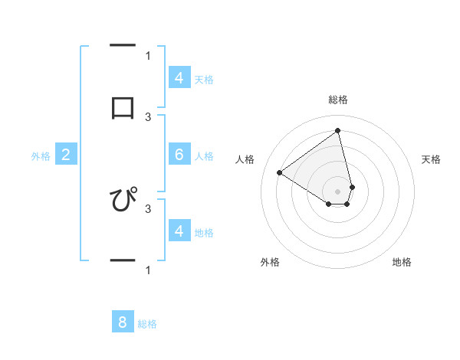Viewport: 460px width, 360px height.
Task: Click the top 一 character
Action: (x=123, y=47)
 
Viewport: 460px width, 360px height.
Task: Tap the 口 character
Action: (x=123, y=108)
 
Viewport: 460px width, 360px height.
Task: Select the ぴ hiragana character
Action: (x=123, y=200)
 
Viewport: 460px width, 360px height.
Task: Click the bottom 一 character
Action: (x=123, y=261)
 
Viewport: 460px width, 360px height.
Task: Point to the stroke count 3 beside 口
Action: (x=148, y=116)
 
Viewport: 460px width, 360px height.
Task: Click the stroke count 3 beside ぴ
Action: (x=148, y=208)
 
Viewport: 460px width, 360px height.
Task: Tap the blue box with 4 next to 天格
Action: (x=179, y=78)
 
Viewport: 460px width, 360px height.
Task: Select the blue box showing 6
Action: (x=179, y=155)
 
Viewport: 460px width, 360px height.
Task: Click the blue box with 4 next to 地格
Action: (x=179, y=231)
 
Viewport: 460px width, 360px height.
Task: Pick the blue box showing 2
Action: (x=66, y=155)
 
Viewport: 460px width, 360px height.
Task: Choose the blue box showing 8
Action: (x=123, y=322)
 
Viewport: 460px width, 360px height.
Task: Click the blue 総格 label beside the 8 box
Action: (x=147, y=324)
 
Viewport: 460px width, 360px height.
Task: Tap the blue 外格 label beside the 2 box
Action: (x=41, y=156)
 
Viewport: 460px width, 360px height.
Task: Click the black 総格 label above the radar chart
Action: (x=338, y=100)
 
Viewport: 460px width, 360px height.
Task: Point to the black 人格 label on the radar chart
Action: (x=245, y=159)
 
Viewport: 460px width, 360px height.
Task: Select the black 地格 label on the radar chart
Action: (x=402, y=262)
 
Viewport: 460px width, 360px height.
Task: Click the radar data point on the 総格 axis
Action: (x=338, y=130)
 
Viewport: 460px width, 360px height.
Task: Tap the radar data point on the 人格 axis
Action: (x=280, y=172)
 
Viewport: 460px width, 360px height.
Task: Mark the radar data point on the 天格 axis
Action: (x=352, y=186)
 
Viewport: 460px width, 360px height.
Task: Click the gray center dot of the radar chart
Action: (x=338, y=191)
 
